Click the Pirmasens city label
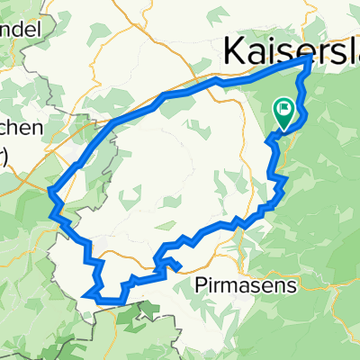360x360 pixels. pyautogui.click(x=231, y=286)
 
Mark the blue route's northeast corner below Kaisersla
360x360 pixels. pyautogui.click(x=310, y=58)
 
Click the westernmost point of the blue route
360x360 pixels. pyautogui.click(x=48, y=190)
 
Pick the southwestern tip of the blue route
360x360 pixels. pyautogui.click(x=85, y=292)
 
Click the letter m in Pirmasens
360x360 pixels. pyautogui.click(x=221, y=286)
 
